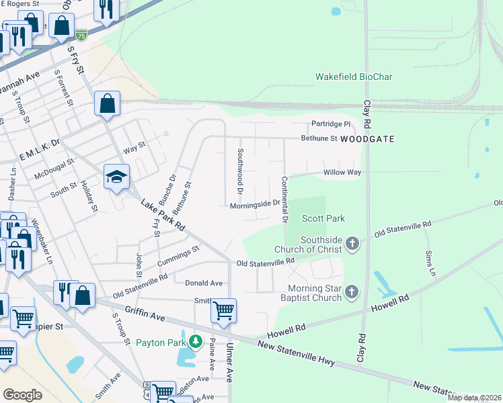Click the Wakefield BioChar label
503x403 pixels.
(354, 77)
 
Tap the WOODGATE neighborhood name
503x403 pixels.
(366, 139)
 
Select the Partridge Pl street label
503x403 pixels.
(330, 124)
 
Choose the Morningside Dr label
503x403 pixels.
(255, 204)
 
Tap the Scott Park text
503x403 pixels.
(323, 218)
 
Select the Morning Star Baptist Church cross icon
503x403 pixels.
(351, 292)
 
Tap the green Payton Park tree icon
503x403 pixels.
(196, 343)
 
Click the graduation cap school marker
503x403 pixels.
(116, 177)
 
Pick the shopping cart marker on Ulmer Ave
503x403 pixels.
(223, 310)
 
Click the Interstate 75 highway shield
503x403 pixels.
(81, 34)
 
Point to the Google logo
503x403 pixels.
(22, 394)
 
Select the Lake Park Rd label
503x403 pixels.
(162, 215)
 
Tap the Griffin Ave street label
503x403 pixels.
(145, 314)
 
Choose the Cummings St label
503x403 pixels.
(178, 255)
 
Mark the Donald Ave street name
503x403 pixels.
(204, 283)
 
